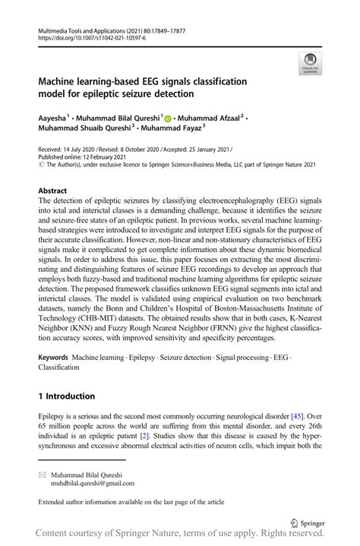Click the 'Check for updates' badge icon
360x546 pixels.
click(x=311, y=64)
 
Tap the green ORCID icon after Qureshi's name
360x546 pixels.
click(x=168, y=119)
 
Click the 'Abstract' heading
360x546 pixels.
click(x=53, y=191)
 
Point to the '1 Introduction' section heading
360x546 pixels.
click(x=67, y=396)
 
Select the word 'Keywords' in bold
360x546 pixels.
click(x=56, y=356)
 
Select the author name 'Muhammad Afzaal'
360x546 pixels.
click(x=210, y=119)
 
